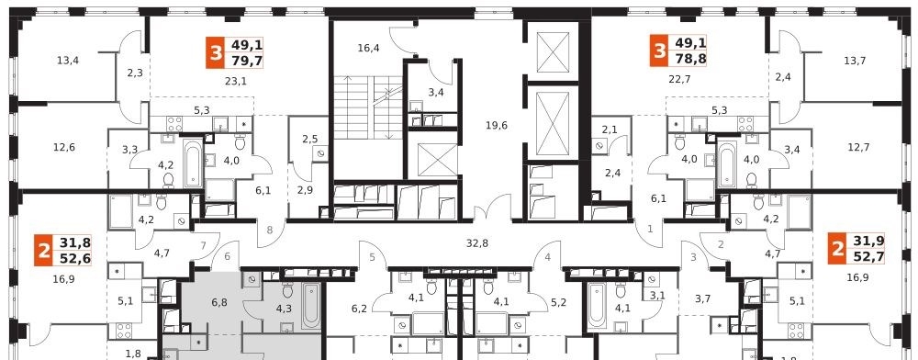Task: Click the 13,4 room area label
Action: (68, 59)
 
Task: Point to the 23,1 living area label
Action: (236, 82)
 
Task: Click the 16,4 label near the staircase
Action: (368, 48)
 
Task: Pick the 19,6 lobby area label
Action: (497, 125)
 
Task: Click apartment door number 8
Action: (270, 230)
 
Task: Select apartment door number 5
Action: (372, 256)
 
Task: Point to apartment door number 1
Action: (650, 230)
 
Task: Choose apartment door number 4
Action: (547, 256)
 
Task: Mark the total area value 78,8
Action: (691, 59)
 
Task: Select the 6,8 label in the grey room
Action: (219, 303)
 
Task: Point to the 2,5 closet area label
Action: (309, 140)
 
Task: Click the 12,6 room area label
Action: (64, 147)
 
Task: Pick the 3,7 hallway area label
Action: (702, 299)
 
